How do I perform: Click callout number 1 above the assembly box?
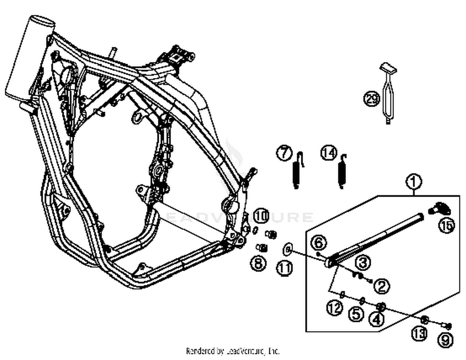[413, 182]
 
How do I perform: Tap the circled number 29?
[372, 99]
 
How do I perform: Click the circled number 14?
[329, 153]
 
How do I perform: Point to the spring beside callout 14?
[342, 172]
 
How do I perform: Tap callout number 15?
[446, 225]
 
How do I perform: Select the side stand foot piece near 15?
[439, 208]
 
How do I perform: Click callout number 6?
[319, 243]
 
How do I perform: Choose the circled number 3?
[362, 262]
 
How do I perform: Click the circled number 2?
[381, 286]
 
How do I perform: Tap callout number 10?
[261, 216]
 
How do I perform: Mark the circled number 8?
[258, 264]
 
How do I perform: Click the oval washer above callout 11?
[287, 249]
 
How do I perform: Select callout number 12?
[335, 308]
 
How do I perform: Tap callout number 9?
[445, 340]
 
